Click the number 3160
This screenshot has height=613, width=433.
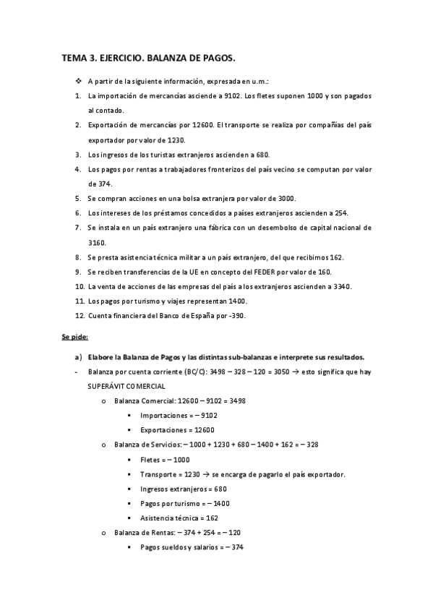coord(97,243)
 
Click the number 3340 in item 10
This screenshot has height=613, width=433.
coord(338,286)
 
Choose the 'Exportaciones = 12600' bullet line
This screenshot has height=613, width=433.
coord(177,429)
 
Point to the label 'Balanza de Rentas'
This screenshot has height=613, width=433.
coord(143,532)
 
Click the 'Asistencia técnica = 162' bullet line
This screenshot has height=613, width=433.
coord(179,518)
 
